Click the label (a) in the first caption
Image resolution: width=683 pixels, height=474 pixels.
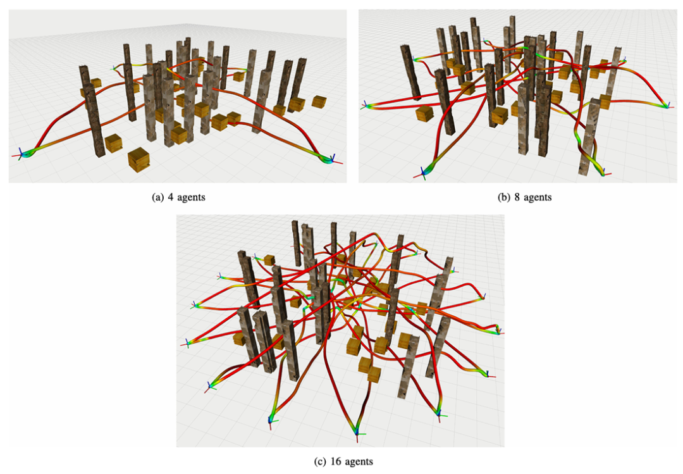[x=157, y=197]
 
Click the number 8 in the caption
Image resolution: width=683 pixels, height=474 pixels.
[x=517, y=197]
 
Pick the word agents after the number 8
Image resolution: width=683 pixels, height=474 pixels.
[x=538, y=198]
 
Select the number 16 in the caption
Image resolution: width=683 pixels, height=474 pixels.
[x=335, y=461]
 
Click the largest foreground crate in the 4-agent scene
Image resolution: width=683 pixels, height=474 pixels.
[x=139, y=159]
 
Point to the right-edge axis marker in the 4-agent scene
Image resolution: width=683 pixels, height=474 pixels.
[x=332, y=159]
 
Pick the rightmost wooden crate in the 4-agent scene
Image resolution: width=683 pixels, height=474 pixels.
[x=319, y=102]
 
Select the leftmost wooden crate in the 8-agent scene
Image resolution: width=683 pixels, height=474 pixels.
[x=424, y=113]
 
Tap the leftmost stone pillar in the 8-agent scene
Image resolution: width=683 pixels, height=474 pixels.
[x=410, y=73]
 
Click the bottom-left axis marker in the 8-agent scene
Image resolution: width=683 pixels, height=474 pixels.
[x=423, y=173]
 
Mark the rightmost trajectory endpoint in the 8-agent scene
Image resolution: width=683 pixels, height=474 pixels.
[x=667, y=106]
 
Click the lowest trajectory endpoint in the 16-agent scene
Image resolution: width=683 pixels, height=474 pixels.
[x=357, y=433]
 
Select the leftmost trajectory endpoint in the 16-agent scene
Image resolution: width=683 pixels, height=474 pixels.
[x=188, y=344]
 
